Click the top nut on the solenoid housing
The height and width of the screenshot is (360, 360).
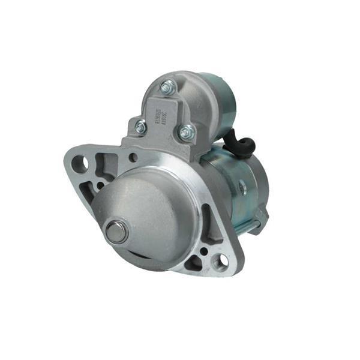[x=167, y=88]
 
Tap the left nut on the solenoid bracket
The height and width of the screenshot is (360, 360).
[x=140, y=127]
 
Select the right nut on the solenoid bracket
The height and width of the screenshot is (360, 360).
[x=187, y=131]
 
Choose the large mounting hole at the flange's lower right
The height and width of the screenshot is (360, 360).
[x=221, y=260]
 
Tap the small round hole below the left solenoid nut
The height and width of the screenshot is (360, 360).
[x=133, y=158]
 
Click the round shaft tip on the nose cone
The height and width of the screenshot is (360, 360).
[x=116, y=232]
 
